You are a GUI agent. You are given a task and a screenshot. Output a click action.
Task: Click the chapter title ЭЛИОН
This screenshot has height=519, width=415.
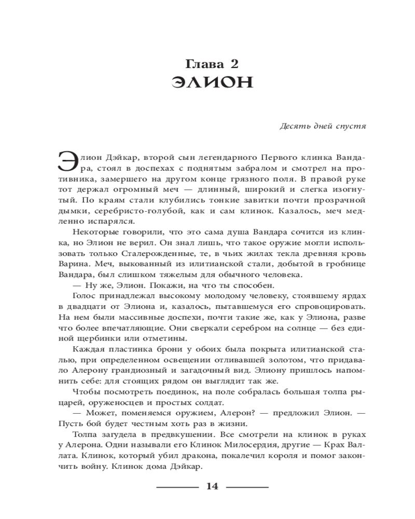(212, 85)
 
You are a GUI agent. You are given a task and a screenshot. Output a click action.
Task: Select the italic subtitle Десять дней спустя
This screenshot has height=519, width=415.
(323, 126)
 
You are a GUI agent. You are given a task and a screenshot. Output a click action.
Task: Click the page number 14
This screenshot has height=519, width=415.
(213, 486)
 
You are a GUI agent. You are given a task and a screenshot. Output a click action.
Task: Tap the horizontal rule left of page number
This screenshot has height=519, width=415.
(177, 487)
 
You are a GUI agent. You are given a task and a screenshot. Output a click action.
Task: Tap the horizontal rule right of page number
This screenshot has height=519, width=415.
(247, 487)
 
